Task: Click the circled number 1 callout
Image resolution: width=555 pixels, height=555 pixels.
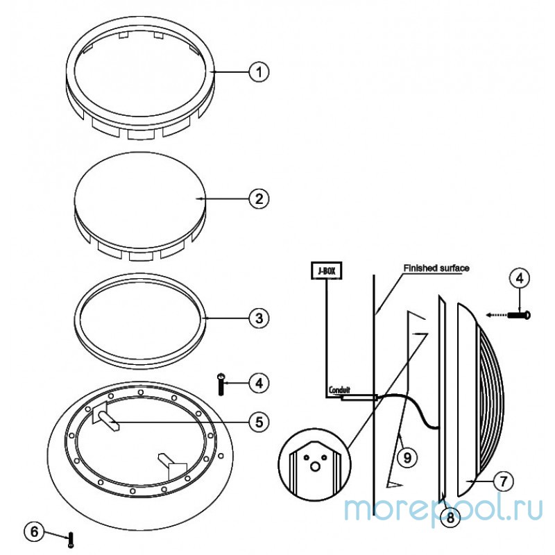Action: (259, 72)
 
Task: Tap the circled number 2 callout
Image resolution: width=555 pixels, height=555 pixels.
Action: (259, 198)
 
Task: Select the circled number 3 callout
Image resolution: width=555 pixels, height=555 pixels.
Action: (259, 318)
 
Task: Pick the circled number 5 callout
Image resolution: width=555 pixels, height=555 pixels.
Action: (259, 422)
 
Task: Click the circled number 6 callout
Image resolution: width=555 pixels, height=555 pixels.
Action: (34, 531)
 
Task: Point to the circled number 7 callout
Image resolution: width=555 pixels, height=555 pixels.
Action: (503, 481)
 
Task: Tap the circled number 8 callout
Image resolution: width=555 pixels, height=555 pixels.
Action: (450, 518)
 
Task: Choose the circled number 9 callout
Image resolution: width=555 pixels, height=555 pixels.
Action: (407, 457)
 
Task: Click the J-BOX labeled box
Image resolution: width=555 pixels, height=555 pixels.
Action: (326, 271)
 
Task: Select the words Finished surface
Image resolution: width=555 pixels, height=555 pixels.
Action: (436, 268)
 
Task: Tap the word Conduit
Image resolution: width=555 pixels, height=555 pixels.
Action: (339, 390)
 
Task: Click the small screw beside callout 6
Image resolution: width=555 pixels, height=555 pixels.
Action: (71, 540)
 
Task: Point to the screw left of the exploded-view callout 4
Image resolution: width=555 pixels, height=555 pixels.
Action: (221, 384)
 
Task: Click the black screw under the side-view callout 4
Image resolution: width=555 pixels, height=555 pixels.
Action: (519, 314)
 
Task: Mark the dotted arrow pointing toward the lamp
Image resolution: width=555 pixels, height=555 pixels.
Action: (496, 314)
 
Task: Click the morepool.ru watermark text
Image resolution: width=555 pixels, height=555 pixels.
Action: (443, 509)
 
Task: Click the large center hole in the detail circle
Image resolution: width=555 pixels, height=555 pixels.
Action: (315, 466)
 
